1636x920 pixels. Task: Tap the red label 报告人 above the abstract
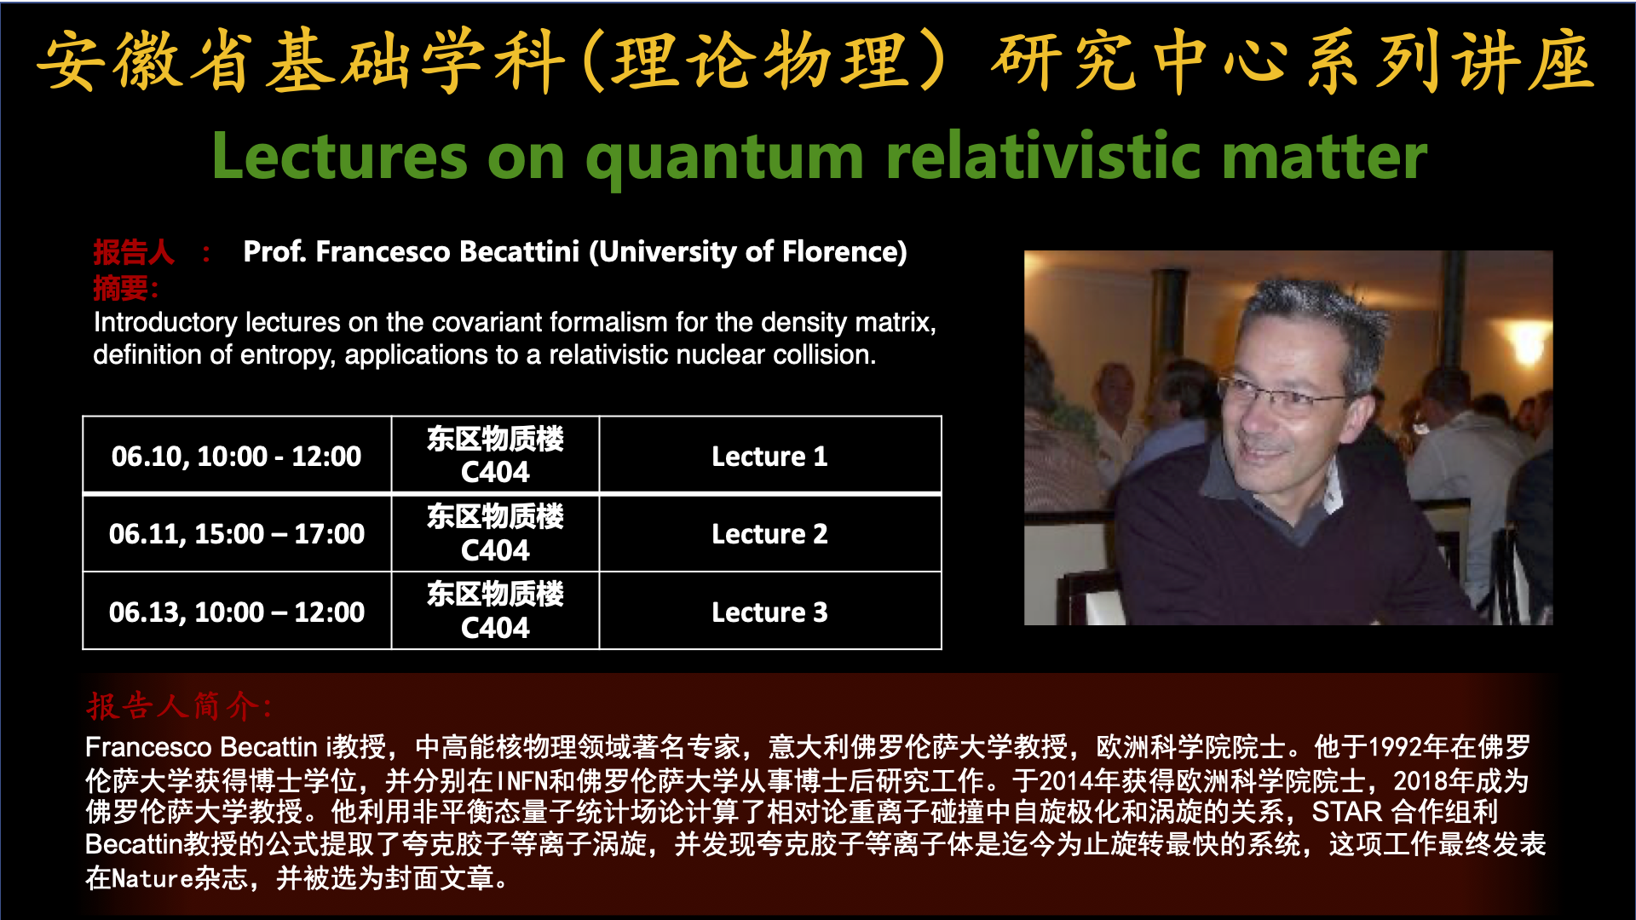click(134, 252)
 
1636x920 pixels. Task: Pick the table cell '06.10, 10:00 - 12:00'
click(237, 456)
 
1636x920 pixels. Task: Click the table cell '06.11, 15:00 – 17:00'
click(237, 534)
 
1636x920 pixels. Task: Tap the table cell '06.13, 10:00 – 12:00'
click(237, 612)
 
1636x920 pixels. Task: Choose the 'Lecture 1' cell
click(770, 456)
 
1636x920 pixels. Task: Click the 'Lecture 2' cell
click(770, 534)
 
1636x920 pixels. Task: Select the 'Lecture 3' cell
click(770, 612)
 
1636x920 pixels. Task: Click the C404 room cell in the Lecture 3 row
click(495, 612)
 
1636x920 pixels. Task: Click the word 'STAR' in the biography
click(1347, 812)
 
